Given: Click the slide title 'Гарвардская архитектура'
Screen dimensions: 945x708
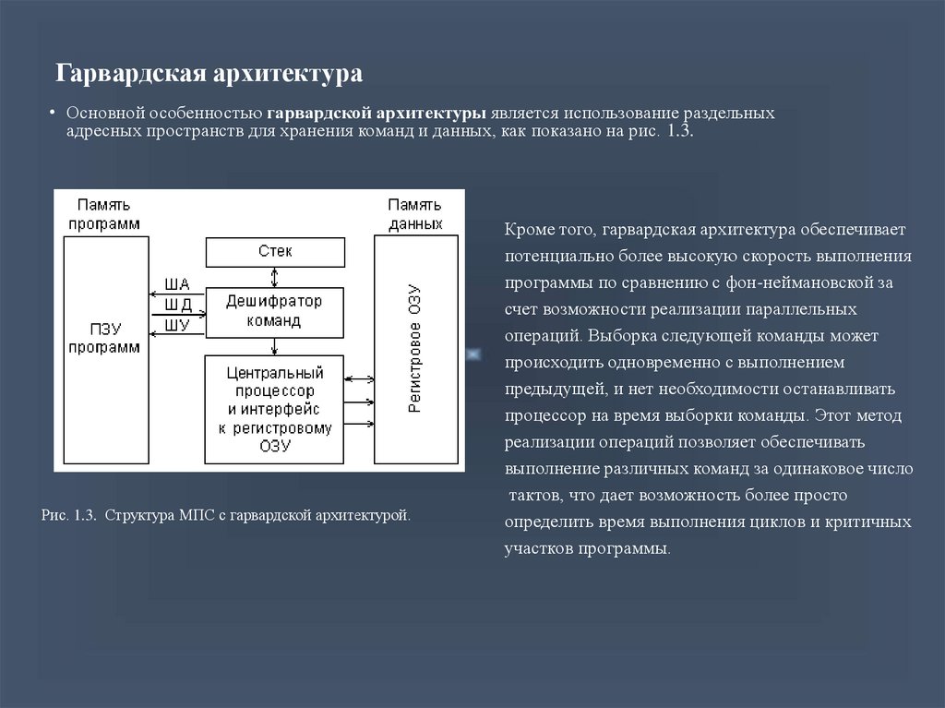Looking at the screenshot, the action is (x=209, y=74).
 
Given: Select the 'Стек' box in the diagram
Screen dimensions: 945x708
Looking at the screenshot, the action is (x=275, y=252).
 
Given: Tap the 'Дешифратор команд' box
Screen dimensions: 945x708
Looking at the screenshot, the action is (x=275, y=312).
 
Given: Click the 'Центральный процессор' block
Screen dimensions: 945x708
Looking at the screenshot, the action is (x=274, y=410).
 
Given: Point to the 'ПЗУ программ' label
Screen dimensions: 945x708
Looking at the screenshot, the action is (x=104, y=339).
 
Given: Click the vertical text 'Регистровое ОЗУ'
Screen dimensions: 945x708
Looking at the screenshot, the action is (x=414, y=349).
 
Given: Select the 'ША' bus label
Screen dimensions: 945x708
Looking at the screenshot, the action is (x=177, y=284).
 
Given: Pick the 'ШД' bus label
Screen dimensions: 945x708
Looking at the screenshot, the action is (x=178, y=305).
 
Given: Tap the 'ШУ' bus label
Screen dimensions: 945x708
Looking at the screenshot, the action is (x=177, y=325).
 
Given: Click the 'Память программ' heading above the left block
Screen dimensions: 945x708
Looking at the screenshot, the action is (x=104, y=214).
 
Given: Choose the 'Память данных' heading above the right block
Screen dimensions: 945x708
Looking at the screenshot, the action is (x=415, y=214).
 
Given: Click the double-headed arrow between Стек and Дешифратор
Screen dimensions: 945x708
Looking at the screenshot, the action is (x=275, y=278).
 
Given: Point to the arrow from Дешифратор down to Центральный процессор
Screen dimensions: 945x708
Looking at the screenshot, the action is (x=275, y=346).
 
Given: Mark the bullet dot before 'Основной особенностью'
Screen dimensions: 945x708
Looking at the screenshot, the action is (x=53, y=113).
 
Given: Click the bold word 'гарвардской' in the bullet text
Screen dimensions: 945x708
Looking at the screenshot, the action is (x=318, y=114).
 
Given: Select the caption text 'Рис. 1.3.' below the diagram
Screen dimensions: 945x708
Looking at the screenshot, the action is (x=68, y=516).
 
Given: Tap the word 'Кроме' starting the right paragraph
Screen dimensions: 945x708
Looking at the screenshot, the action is (x=529, y=230).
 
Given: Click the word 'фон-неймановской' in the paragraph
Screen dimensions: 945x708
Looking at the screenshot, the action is (x=799, y=282).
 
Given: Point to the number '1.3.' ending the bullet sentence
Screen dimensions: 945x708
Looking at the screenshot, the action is (x=680, y=131).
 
